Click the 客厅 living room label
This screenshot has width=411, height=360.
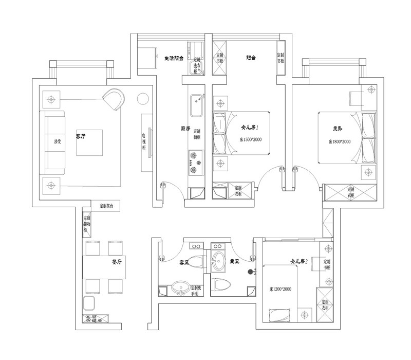(81, 136)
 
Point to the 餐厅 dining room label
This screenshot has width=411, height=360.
(117, 262)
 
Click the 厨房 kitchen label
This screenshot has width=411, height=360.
(172, 129)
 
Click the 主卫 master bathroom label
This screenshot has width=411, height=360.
(234, 262)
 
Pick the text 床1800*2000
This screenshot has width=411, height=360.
(340, 141)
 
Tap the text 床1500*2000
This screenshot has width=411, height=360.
(251, 139)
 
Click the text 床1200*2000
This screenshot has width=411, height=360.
(280, 290)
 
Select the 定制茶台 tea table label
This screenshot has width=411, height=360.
(109, 206)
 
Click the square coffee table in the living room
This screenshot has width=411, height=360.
(89, 142)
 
